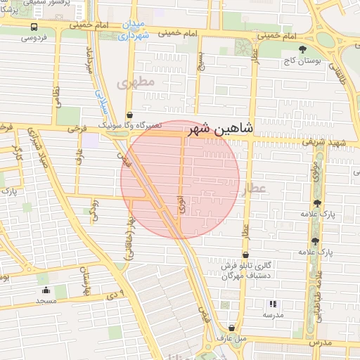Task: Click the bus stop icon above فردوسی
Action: (x=34, y=26)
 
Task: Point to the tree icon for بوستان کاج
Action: (x=303, y=49)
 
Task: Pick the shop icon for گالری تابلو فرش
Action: (x=245, y=255)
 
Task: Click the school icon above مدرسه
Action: (x=272, y=304)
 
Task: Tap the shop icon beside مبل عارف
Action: (x=231, y=328)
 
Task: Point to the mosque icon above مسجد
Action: (x=46, y=290)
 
